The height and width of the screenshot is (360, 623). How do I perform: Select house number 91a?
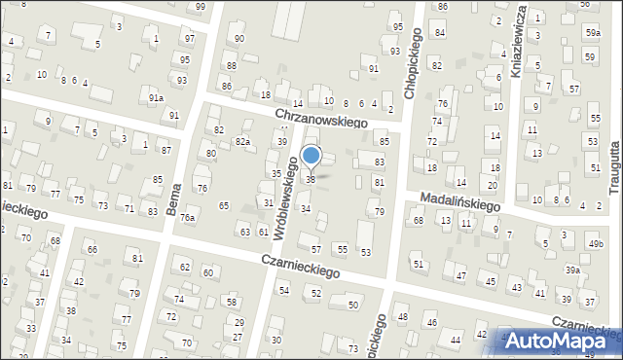tap(156, 98)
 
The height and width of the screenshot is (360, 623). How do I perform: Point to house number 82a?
tap(242, 141)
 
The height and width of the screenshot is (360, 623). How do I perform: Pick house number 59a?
tap(593, 33)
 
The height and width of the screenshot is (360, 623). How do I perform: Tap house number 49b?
tap(595, 243)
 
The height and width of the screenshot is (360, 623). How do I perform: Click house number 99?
tap(200, 7)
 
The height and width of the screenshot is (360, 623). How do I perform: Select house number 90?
tap(239, 38)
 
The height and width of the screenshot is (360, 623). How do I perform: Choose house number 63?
tap(244, 232)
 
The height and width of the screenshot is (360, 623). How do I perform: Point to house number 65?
tap(224, 205)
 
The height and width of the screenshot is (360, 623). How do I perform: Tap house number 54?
tap(284, 290)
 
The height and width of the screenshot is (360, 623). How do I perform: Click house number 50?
tap(351, 306)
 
